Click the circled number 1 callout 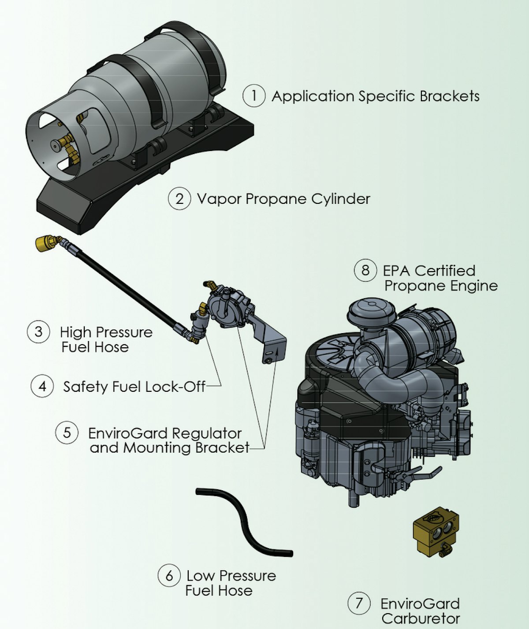point(254,96)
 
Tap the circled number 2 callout point(179,199)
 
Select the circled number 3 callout point(38,331)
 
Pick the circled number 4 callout point(42,386)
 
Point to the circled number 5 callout point(67,433)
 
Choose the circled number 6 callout point(169,575)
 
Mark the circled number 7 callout point(359,603)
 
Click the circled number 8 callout point(365,269)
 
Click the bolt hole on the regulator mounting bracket point(268,360)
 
